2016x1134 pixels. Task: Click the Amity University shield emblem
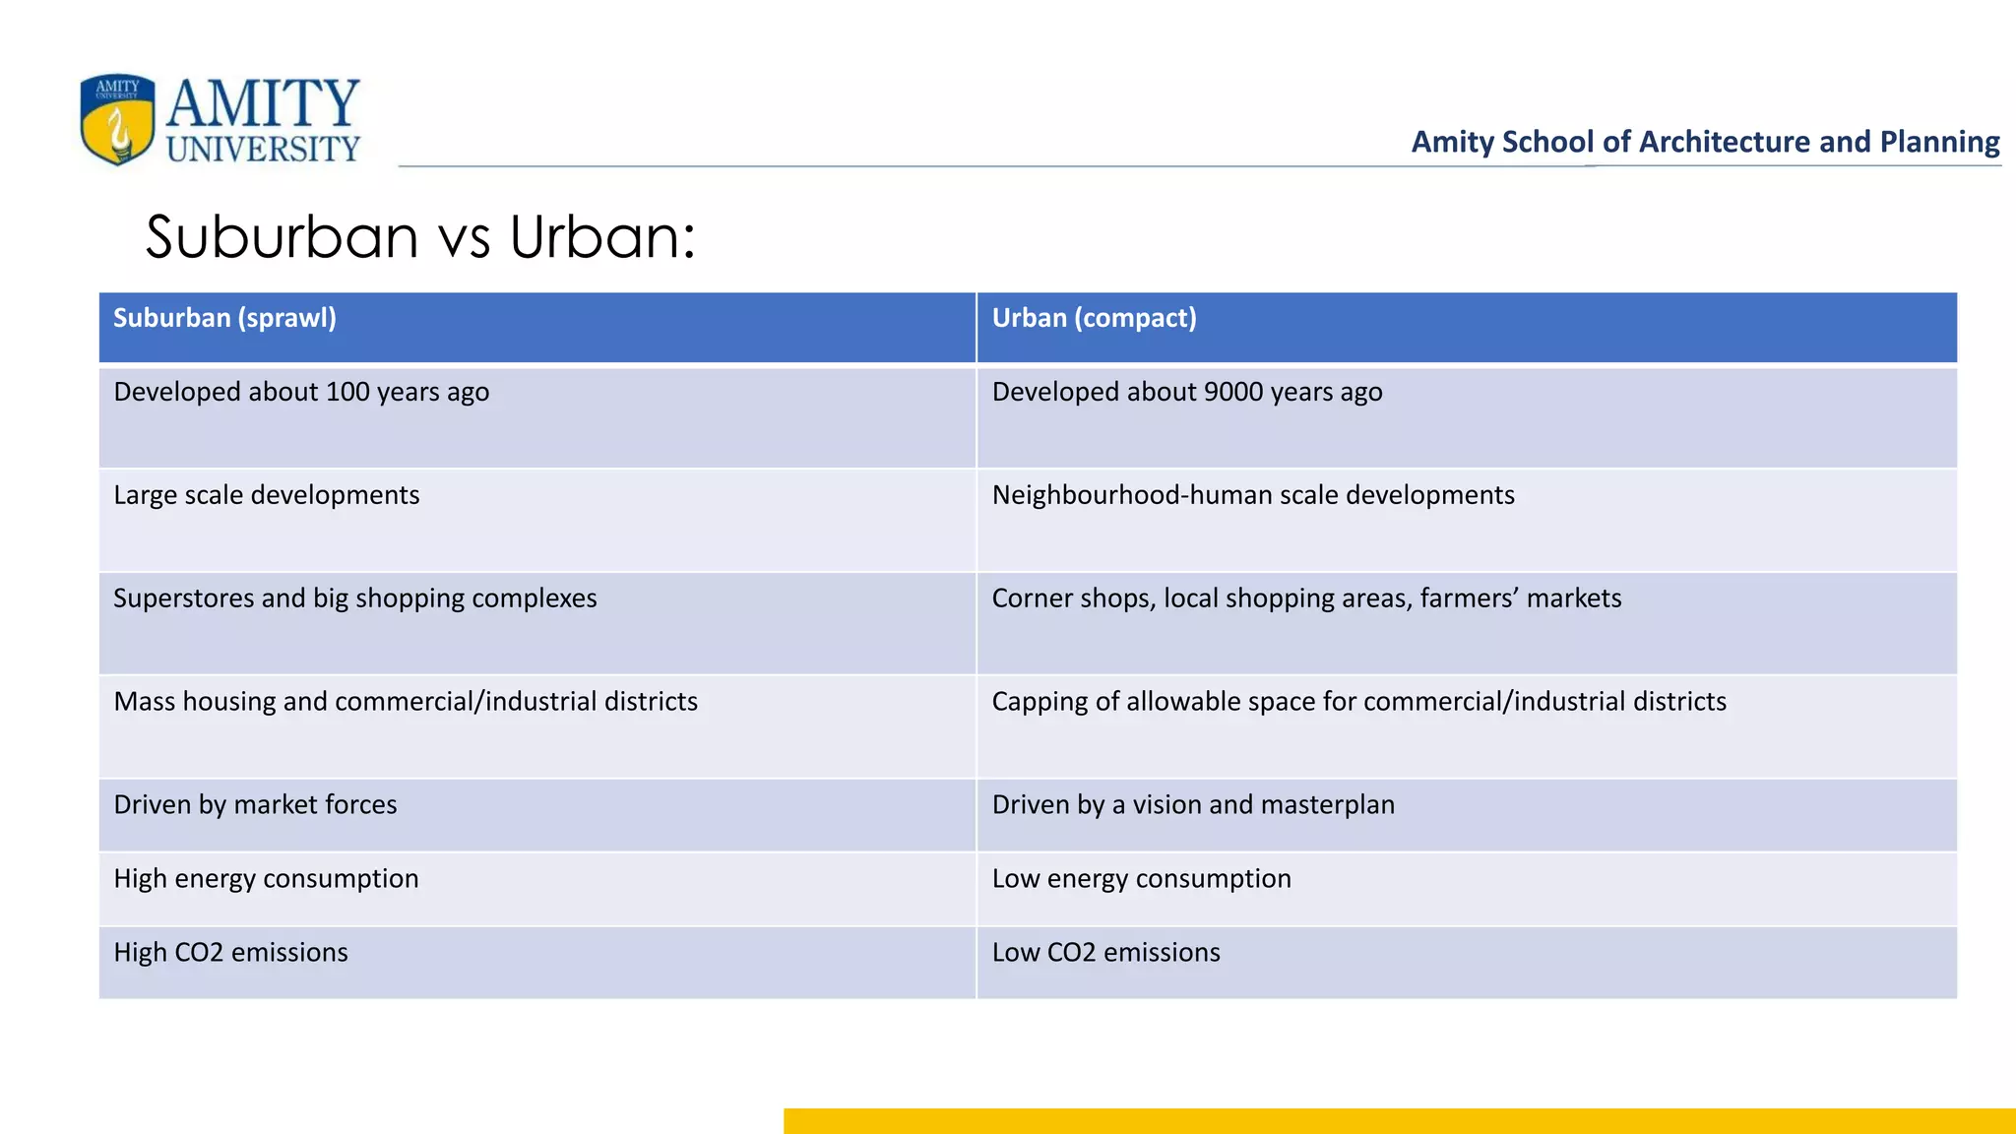coord(117,119)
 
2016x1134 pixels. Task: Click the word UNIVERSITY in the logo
coord(263,149)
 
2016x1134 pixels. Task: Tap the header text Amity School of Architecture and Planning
coord(1705,142)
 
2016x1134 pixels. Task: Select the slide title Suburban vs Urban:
coord(420,237)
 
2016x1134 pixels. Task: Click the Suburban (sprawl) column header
coord(224,318)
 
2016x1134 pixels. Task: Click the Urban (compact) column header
coord(1094,318)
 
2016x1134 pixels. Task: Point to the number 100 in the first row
coord(346,392)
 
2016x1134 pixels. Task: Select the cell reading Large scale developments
coord(267,495)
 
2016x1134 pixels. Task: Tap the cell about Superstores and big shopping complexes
coord(355,598)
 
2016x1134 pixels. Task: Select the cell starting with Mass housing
coord(406,702)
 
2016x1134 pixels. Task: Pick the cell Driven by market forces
coord(255,805)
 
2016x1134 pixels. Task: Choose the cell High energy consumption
coord(266,879)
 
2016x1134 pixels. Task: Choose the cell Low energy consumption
coord(1141,879)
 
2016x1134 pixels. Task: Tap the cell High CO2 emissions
coord(230,953)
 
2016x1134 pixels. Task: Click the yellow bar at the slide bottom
coord(1398,1121)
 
